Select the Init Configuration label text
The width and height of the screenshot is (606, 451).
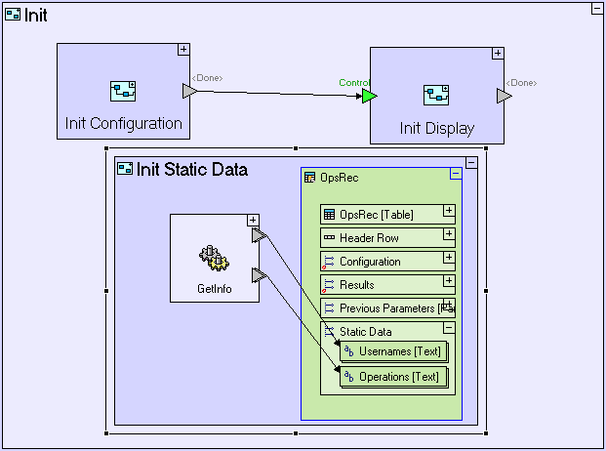tap(124, 123)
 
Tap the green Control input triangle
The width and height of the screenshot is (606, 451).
tap(369, 96)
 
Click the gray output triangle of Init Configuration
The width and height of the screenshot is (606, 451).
tap(189, 91)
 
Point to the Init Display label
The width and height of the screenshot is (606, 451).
tap(436, 128)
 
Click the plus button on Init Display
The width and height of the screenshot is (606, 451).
tap(498, 54)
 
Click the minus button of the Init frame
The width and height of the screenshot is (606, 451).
tap(596, 8)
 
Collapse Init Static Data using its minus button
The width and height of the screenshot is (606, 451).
tap(471, 163)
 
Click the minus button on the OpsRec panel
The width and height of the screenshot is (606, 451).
tap(455, 174)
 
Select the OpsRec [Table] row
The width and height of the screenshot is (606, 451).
tap(381, 214)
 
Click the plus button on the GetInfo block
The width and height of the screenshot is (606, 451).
tap(253, 221)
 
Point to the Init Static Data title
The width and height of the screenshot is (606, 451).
tap(191, 169)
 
